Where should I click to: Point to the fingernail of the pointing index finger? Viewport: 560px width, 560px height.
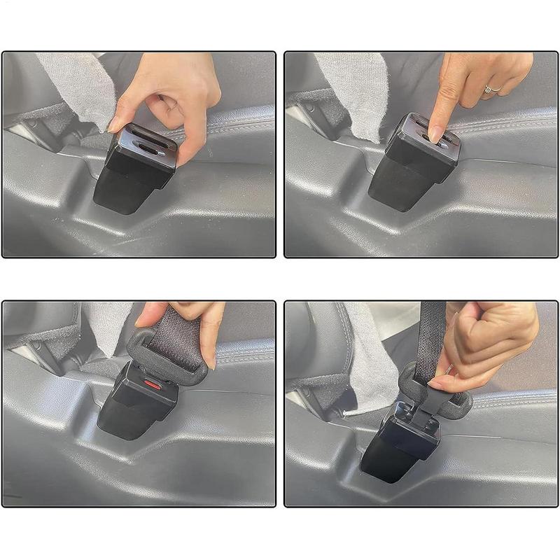(x=435, y=132)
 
